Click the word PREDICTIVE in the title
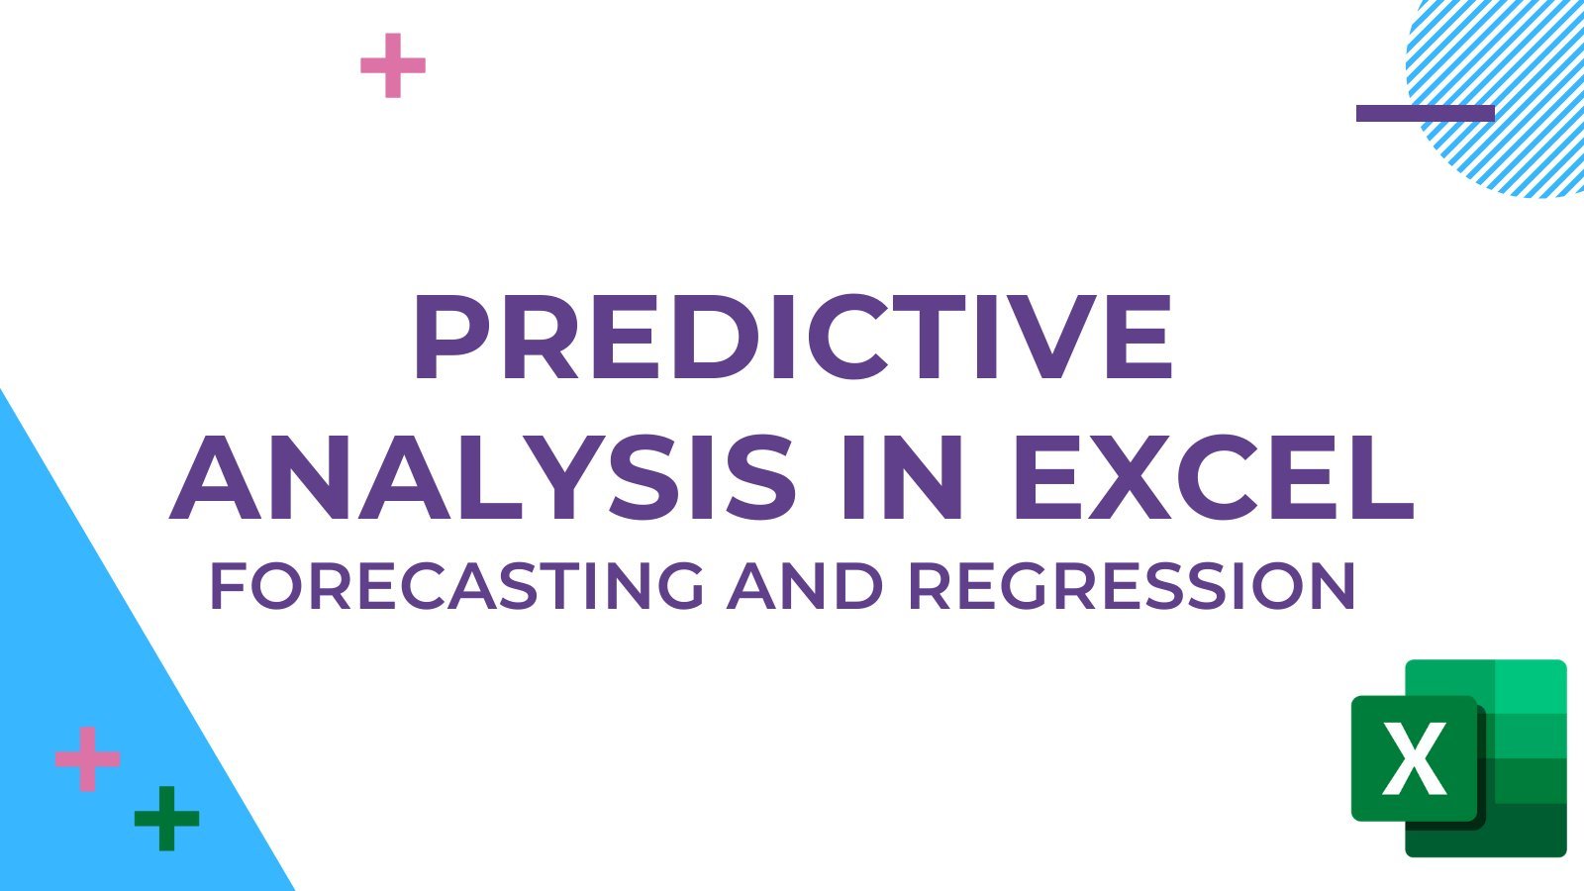(793, 337)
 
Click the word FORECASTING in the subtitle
(457, 585)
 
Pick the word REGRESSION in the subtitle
(1133, 585)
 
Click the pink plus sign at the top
(393, 65)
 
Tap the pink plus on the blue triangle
(88, 759)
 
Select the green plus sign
(167, 819)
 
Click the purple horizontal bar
(1426, 113)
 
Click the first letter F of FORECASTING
(227, 586)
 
